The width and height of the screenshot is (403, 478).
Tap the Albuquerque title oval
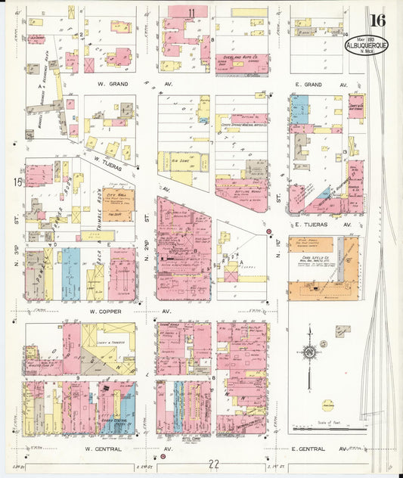click(x=366, y=45)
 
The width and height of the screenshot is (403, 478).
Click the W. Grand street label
click(x=105, y=84)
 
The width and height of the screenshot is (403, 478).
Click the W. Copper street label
click(x=106, y=311)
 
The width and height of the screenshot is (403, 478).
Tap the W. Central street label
click(x=105, y=449)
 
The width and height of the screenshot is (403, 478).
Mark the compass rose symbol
click(x=308, y=352)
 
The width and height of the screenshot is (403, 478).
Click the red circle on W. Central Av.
click(x=162, y=457)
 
